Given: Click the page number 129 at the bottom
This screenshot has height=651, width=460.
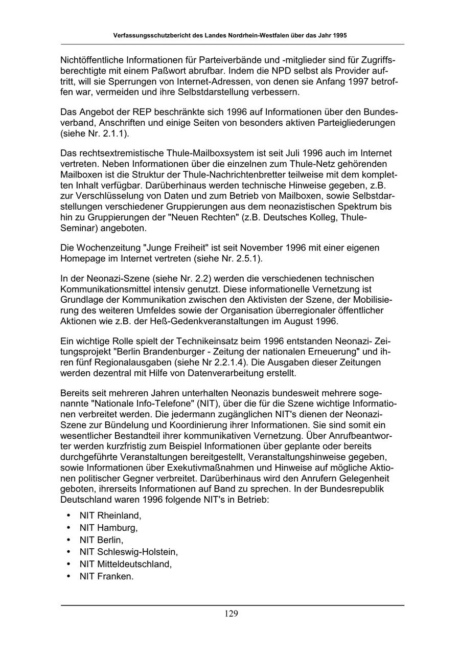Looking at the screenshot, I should (231, 614).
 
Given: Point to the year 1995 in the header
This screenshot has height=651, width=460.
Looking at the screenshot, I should (339, 36).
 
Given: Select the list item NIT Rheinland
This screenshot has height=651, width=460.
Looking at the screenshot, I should (110, 515).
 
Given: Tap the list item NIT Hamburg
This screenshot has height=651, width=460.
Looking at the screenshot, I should (108, 527).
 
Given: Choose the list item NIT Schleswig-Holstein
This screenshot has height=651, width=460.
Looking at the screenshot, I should (128, 552).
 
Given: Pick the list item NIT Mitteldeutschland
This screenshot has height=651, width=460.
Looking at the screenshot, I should (125, 564).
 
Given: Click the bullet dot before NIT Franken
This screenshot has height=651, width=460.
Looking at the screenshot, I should (68, 576).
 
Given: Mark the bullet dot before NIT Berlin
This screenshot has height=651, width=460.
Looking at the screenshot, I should (68, 540).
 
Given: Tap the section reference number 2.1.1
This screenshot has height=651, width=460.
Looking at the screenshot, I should (117, 134).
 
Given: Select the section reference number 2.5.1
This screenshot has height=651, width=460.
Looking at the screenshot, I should (247, 259).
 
